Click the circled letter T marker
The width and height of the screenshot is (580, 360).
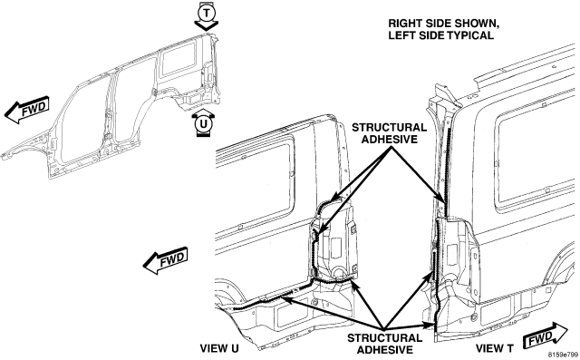coord(207,13)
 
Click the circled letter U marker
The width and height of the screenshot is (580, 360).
coord(203,124)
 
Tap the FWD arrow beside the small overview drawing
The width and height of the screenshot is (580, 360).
coord(27,110)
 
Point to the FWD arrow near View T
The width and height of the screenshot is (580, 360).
coord(546,336)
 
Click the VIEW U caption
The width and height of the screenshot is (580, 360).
coord(219,348)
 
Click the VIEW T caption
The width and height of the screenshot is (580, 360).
coord(495,348)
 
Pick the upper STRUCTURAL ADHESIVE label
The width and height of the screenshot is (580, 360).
coord(389,133)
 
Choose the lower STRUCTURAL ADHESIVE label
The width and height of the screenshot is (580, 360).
coord(384,344)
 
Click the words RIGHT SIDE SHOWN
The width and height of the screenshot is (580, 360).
coord(443,24)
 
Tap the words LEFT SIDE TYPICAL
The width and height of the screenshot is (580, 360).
coord(441,35)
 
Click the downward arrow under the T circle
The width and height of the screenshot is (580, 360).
coord(207,26)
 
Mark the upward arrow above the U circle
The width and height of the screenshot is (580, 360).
coord(203,112)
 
